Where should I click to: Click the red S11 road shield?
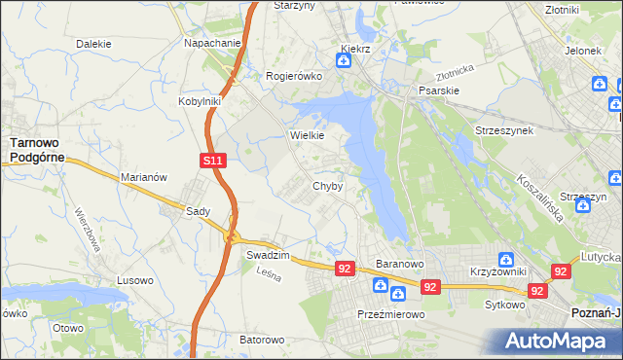[x=215, y=160]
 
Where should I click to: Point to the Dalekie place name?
[x=93, y=44]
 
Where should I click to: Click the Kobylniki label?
[x=201, y=100]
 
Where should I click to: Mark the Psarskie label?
[x=437, y=90]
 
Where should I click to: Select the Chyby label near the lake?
[x=327, y=186]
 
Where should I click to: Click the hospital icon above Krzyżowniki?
[x=506, y=259]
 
